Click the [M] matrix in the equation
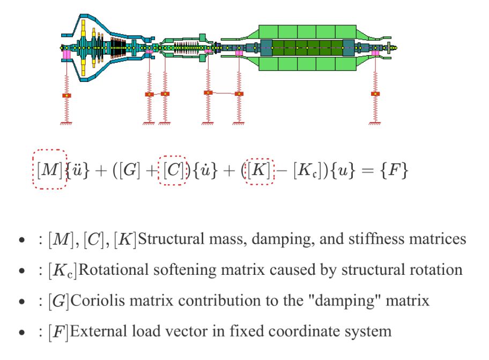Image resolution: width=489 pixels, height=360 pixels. pos(49,170)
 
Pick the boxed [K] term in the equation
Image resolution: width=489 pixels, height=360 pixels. pos(259,170)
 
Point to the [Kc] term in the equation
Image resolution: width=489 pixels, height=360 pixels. pos(307,170)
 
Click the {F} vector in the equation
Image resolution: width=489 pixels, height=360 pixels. pos(394,170)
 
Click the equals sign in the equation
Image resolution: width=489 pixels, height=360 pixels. pos(368,170)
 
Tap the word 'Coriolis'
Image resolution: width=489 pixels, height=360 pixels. pos(98,301)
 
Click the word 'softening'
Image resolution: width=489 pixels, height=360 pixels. pos(184,269)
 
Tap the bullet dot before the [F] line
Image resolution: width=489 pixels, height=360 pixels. pos(21,332)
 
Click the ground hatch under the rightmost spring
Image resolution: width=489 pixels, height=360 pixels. pos(375,124)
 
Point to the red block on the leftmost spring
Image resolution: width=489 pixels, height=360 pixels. pos(66,95)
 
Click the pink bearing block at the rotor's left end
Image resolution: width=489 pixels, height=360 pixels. pos(66,55)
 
